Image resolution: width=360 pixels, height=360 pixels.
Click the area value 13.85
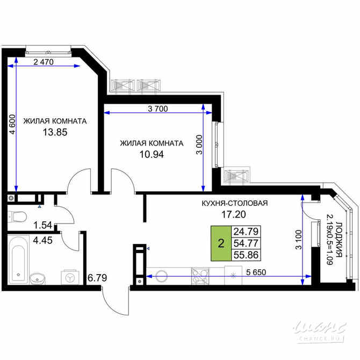point(55,132)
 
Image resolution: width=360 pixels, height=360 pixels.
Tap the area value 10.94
point(151,154)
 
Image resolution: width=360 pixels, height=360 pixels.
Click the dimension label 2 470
point(44,62)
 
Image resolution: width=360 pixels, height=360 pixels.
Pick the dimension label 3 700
point(158,109)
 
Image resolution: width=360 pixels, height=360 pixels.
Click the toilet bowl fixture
point(18,217)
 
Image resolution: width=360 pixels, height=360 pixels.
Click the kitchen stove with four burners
point(201,276)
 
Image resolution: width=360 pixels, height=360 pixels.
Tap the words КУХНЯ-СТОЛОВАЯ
point(234,203)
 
